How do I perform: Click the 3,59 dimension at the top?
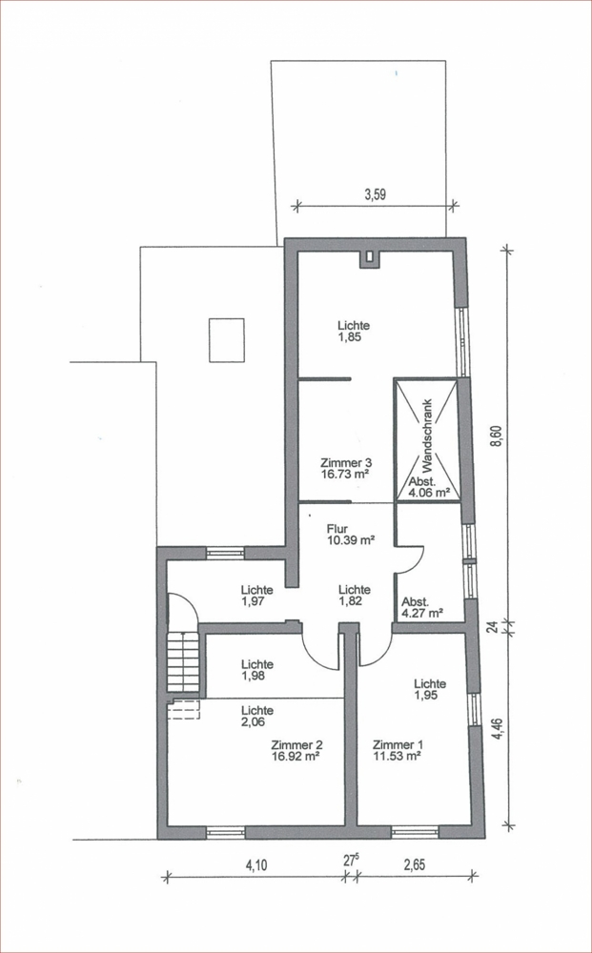(x=375, y=194)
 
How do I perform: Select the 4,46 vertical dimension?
(x=499, y=728)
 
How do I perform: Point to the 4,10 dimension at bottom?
(x=255, y=865)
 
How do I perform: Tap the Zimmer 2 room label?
(x=297, y=745)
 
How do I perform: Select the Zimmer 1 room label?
(x=398, y=745)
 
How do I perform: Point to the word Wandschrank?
(x=426, y=436)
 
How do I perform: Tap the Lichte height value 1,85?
(x=350, y=337)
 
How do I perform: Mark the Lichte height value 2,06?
(x=257, y=721)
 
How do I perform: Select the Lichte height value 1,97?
(x=256, y=600)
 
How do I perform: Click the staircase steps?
(x=183, y=661)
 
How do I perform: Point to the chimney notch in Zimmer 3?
(x=368, y=259)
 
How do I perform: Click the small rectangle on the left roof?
(x=227, y=340)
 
